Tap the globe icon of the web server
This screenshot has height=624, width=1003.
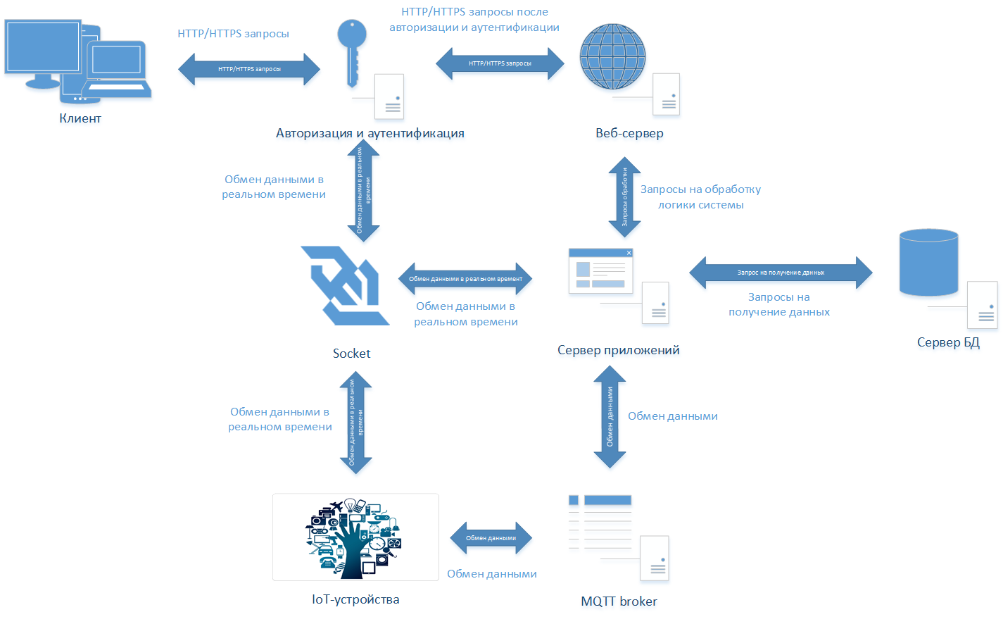[x=612, y=56]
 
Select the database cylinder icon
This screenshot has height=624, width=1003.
[x=928, y=262]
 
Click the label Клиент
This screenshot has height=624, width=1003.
[x=80, y=118]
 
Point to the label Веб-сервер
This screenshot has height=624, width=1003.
[x=629, y=133]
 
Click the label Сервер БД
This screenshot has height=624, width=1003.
[x=948, y=342]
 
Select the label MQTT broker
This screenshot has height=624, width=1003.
[x=619, y=601]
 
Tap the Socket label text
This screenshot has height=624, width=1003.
[x=351, y=354]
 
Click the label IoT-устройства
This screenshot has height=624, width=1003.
[x=355, y=599]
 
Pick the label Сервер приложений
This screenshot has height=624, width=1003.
[x=618, y=350]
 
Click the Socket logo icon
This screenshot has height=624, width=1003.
[x=344, y=285]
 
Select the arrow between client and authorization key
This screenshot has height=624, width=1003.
[x=249, y=69]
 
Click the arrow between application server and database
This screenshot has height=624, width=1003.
[x=781, y=273]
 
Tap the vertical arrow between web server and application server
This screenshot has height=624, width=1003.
[x=624, y=196]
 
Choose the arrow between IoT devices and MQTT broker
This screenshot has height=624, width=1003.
[x=491, y=538]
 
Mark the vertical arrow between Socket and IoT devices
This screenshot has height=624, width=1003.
[x=355, y=422]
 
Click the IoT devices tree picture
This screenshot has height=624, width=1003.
[x=355, y=537]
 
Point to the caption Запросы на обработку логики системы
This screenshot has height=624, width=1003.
[x=700, y=197]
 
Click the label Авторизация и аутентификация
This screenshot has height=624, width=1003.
[x=370, y=133]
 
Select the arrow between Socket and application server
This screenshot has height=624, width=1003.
[x=465, y=279]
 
